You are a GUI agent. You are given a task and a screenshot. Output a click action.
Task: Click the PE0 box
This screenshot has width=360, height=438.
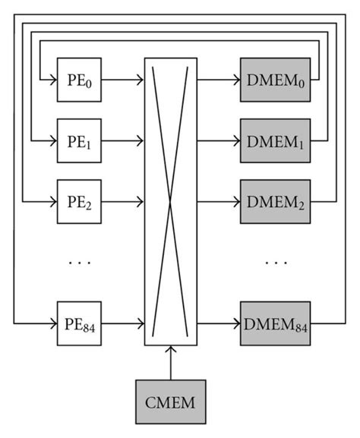click(79, 78)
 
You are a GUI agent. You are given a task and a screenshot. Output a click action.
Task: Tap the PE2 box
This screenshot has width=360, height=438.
click(79, 202)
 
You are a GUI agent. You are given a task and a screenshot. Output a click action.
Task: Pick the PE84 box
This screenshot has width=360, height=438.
click(79, 324)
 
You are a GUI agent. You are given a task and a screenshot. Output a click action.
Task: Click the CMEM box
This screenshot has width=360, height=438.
click(172, 402)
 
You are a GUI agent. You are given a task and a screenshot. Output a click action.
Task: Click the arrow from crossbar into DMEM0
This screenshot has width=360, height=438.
click(219, 78)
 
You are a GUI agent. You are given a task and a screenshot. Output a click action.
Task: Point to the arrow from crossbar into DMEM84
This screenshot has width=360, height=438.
click(219, 324)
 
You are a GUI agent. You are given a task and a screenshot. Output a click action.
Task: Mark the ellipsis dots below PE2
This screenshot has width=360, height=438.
click(79, 263)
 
